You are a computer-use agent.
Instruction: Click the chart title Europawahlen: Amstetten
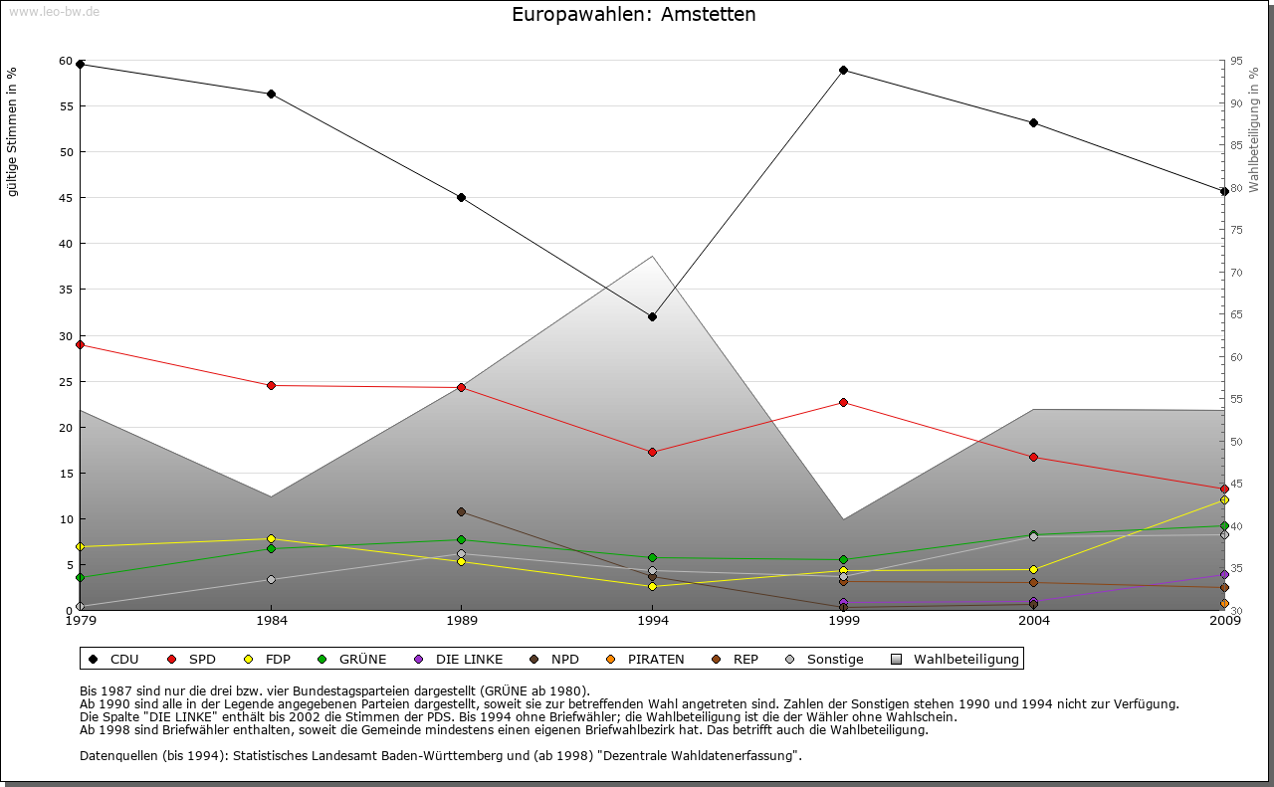(x=633, y=15)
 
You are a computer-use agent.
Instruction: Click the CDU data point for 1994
(x=652, y=317)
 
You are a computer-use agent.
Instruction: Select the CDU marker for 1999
(x=843, y=70)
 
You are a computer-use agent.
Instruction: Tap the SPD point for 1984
(x=271, y=385)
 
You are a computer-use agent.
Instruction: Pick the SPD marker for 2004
(x=1034, y=457)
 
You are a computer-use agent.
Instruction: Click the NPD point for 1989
(x=461, y=511)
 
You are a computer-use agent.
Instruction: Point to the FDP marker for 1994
(x=652, y=586)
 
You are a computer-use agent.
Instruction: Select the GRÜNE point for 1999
(x=843, y=559)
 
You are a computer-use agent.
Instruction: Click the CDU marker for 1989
(x=461, y=197)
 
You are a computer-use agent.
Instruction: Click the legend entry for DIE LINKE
(x=469, y=659)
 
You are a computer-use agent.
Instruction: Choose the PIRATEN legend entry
(x=655, y=659)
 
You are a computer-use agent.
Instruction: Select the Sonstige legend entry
(x=834, y=659)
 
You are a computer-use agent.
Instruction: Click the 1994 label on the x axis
(x=652, y=622)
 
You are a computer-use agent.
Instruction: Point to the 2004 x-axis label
(x=1034, y=622)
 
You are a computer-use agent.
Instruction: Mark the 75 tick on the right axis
(x=1235, y=230)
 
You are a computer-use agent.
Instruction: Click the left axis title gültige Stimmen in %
(x=13, y=131)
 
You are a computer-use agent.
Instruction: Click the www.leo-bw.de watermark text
(x=54, y=11)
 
